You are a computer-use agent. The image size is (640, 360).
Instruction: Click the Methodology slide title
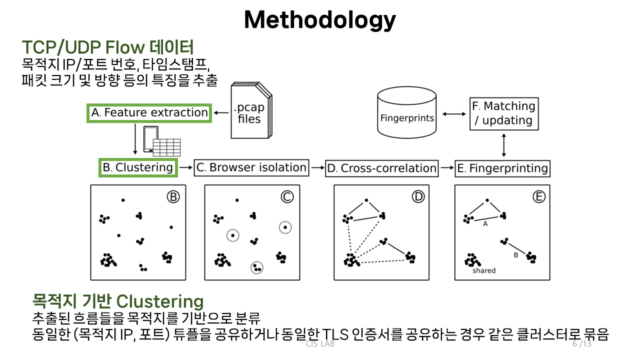point(319,20)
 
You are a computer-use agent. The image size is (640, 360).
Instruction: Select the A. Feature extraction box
point(149,113)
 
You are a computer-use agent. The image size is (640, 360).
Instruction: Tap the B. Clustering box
point(138,167)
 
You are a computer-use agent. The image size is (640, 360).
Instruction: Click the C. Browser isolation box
point(251,167)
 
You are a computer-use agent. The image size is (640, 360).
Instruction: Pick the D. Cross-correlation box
point(381,168)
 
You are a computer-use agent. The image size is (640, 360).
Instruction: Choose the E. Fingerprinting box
point(502,168)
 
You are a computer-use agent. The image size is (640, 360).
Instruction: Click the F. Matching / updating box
point(503,113)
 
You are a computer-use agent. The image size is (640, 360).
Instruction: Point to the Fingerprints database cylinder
point(407,113)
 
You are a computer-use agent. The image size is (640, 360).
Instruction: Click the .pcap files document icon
point(250,111)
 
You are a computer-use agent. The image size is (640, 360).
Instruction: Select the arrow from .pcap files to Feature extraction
point(222,113)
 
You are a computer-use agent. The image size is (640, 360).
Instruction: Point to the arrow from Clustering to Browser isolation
point(185,168)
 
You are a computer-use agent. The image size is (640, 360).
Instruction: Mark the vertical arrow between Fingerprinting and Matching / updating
point(503,145)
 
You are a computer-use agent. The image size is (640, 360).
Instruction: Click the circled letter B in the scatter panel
point(173,197)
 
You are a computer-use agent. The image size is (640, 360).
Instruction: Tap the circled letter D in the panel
point(418,197)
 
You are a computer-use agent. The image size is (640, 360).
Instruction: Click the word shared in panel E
point(483,270)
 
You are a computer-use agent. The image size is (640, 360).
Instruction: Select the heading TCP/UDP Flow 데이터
point(107,47)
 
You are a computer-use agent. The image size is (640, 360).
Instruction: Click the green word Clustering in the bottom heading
point(160,301)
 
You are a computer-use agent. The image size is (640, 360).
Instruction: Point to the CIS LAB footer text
point(320,344)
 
